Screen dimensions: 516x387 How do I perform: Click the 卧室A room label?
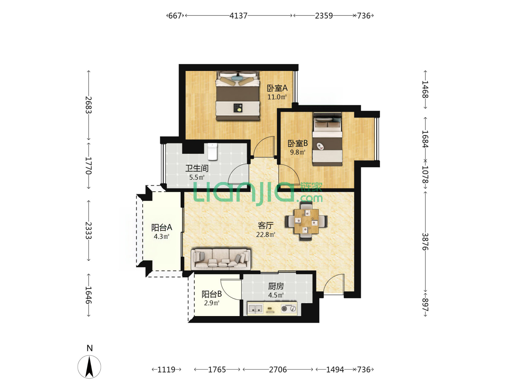coord(277,88)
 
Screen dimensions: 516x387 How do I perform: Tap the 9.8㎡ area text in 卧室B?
coord(297,152)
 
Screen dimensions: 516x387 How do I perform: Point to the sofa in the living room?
coord(221,259)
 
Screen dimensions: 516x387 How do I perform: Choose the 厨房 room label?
coord(276,286)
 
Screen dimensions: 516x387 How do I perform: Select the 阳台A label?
coord(162,228)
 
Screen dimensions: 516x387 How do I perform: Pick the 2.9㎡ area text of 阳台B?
coord(211,303)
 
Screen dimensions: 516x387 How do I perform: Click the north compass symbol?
coord(89,367)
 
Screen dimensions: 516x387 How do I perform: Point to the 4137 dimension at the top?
coord(238,16)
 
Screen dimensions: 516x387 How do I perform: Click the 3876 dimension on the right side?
coord(425,242)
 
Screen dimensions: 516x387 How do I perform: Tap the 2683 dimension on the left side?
coord(89,105)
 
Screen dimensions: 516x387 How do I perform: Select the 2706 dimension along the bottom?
coord(278,369)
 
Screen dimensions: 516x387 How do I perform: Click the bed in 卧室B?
coord(327,139)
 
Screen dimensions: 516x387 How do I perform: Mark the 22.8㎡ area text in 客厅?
coord(266,234)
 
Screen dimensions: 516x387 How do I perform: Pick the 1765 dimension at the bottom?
coord(217,369)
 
